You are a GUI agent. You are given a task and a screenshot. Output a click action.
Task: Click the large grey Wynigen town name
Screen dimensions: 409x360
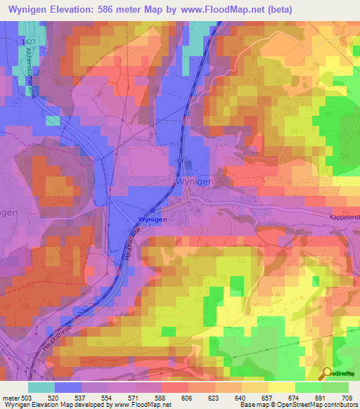[193, 181]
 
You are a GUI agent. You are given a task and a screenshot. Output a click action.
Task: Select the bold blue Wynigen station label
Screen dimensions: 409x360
[153, 219]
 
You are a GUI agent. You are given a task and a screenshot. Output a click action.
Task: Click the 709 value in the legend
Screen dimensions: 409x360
[346, 398]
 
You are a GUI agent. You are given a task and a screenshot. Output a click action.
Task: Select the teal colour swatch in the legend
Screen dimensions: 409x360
[41, 387]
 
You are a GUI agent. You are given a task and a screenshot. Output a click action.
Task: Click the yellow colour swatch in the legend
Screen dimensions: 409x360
[281, 387]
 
